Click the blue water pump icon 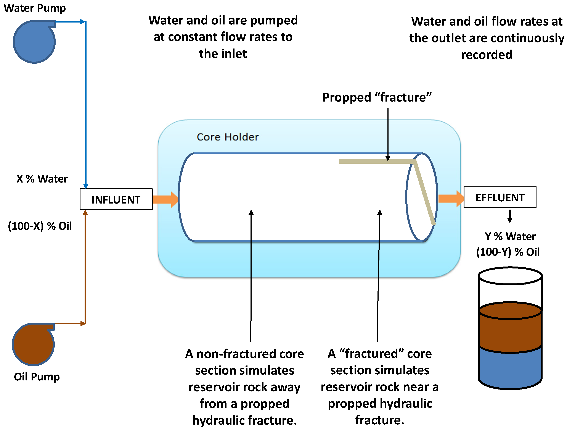[x=34, y=42]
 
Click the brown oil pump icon [x=33, y=344]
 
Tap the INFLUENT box [x=116, y=199]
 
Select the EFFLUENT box [x=500, y=197]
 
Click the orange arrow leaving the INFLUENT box [x=165, y=199]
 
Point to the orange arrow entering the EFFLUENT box [x=451, y=199]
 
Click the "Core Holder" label [x=228, y=137]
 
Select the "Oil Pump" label [x=37, y=377]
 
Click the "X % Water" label [x=42, y=179]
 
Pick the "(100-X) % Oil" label [x=40, y=226]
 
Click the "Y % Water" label [x=510, y=236]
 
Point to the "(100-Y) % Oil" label [x=508, y=252]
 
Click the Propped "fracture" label [x=377, y=97]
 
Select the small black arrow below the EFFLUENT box [x=510, y=216]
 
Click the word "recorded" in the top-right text [x=487, y=55]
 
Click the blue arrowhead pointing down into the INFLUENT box [x=86, y=186]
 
